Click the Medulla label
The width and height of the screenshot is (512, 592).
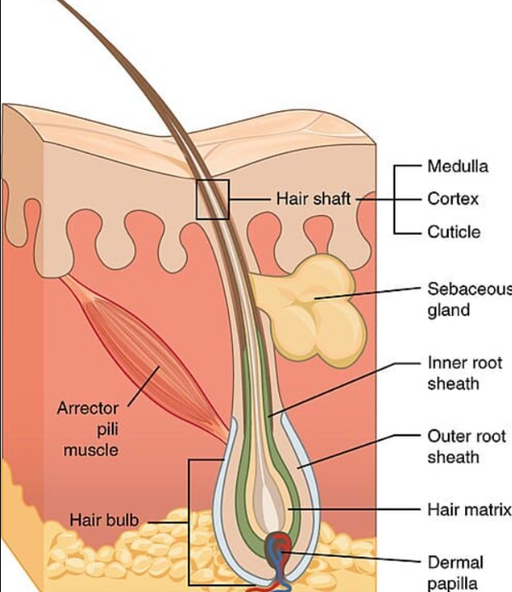pyautogui.click(x=457, y=167)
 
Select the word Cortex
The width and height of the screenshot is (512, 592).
pyautogui.click(x=453, y=199)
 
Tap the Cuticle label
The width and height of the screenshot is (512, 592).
pyautogui.click(x=454, y=232)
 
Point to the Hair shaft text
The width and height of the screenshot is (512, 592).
pyautogui.click(x=313, y=199)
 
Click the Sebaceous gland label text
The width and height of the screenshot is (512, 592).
pyautogui.click(x=470, y=299)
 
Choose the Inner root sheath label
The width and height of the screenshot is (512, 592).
pyautogui.click(x=465, y=373)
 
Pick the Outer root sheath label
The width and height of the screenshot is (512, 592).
pyautogui.click(x=467, y=447)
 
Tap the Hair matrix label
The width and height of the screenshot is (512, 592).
pyautogui.click(x=469, y=510)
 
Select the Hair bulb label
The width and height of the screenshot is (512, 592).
pyautogui.click(x=104, y=520)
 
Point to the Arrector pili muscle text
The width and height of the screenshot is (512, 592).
pyautogui.click(x=88, y=430)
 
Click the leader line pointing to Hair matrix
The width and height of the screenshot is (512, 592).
pyautogui.click(x=354, y=509)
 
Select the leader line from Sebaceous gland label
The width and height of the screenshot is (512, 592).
pyautogui.click(x=368, y=293)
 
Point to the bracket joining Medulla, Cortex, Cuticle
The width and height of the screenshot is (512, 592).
pyautogui.click(x=395, y=199)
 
